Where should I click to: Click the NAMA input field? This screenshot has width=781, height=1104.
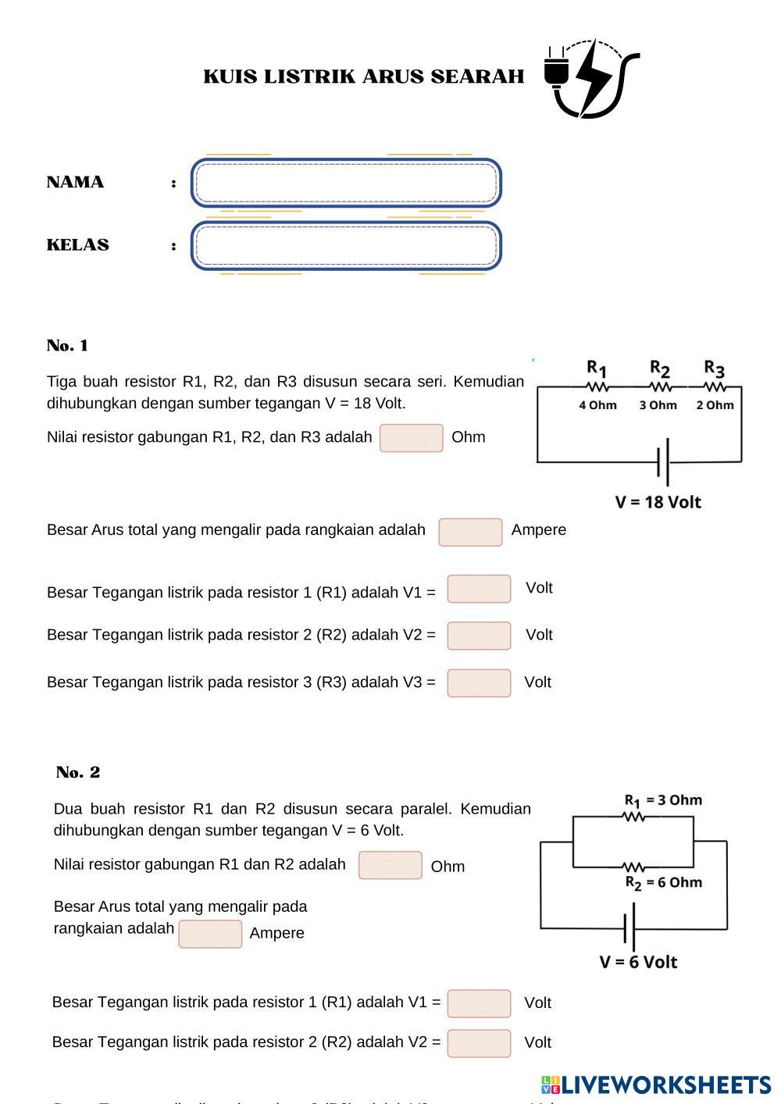pyautogui.click(x=346, y=183)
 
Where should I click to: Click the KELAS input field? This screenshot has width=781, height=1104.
pyautogui.click(x=346, y=246)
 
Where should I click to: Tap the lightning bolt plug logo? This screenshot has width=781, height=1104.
pyautogui.click(x=591, y=78)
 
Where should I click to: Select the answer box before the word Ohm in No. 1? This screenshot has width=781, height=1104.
pyautogui.click(x=412, y=438)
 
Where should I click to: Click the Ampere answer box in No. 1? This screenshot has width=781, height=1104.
pyautogui.click(x=470, y=532)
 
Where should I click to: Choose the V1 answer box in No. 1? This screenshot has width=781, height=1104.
pyautogui.click(x=479, y=589)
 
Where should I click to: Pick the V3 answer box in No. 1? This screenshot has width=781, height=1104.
pyautogui.click(x=479, y=682)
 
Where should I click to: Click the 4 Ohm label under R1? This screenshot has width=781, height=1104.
pyautogui.click(x=597, y=405)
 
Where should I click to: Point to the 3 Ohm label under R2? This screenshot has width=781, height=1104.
pyautogui.click(x=658, y=405)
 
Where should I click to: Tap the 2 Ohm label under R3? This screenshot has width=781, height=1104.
pyautogui.click(x=715, y=405)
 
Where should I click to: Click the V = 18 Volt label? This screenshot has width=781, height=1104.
pyautogui.click(x=658, y=502)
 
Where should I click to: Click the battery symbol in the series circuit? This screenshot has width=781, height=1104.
pyautogui.click(x=663, y=462)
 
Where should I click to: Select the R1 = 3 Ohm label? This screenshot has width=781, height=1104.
pyautogui.click(x=663, y=800)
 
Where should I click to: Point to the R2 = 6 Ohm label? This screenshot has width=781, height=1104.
pyautogui.click(x=663, y=882)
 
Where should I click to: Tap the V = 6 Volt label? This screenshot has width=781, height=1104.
pyautogui.click(x=638, y=962)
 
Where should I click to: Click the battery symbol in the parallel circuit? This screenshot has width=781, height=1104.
pyautogui.click(x=629, y=928)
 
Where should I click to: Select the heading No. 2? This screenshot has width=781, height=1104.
pyautogui.click(x=78, y=772)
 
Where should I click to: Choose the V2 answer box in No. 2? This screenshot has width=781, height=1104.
pyautogui.click(x=479, y=1043)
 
